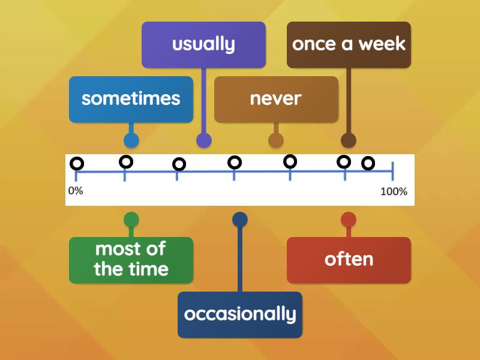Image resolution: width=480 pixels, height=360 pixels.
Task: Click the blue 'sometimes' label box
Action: pos(131,99)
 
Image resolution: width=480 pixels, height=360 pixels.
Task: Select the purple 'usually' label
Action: pos(203,44)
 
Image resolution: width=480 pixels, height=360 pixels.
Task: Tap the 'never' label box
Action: pos(276,99)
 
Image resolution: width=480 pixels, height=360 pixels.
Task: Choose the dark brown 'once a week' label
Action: pos(349,44)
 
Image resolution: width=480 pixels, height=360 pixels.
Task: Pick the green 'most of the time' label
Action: pos(131,260)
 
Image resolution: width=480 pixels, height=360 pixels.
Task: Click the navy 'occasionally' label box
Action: pos(240,314)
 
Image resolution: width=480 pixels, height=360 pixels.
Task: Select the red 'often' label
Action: pos(349,260)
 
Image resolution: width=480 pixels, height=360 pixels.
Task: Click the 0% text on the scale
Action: pos(75,191)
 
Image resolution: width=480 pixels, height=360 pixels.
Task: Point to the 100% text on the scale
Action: pos(394,192)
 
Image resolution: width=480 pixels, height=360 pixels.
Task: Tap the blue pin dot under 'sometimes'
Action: pos(131,140)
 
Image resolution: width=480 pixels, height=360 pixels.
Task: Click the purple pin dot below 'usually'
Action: pos(204,140)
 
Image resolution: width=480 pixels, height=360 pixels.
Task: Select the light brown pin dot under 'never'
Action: pos(276,140)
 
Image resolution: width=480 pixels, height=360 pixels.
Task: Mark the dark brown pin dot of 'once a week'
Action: pos(349,140)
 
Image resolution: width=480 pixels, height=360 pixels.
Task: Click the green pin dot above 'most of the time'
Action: pos(131,220)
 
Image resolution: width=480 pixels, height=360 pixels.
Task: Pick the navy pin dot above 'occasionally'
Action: pos(240,220)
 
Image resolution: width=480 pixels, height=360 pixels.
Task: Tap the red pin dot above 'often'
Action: pos(349,220)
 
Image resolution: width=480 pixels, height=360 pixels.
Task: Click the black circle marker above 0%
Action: pos(77,163)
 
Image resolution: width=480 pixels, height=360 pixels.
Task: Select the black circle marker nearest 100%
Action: pos(368,163)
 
